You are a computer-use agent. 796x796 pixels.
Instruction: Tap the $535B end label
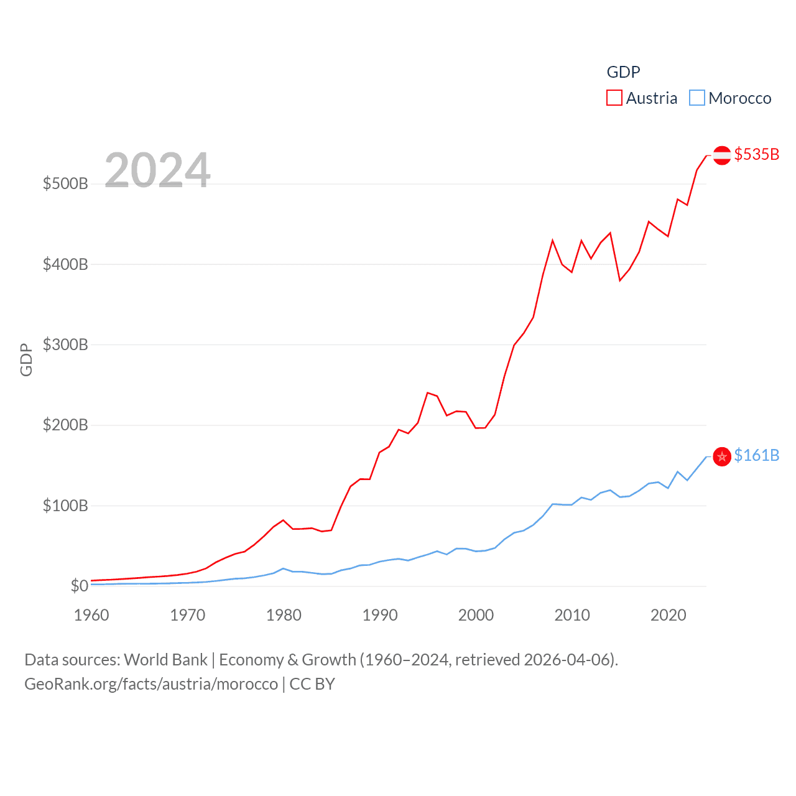coord(756,154)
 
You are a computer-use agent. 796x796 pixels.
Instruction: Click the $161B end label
coord(756,455)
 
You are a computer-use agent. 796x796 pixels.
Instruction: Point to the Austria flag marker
coord(721,155)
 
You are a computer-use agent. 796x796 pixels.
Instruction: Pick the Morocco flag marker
coord(721,456)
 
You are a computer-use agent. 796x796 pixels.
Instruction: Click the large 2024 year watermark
coord(157,170)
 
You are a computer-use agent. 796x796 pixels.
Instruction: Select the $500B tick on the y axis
coord(65,183)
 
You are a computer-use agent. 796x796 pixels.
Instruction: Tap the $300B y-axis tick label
coord(65,345)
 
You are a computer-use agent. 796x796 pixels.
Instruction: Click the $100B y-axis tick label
coord(65,506)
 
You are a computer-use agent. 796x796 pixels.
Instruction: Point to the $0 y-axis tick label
coord(79,586)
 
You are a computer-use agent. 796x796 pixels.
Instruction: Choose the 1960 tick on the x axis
coord(91,615)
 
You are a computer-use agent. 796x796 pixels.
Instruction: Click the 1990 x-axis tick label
coord(380,615)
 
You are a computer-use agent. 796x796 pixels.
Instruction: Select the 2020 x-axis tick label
coord(669,615)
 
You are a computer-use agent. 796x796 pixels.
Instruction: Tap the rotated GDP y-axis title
coord(26,359)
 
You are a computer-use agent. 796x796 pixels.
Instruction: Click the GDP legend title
coord(623,72)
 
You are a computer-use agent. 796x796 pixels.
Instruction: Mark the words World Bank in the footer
coord(165,659)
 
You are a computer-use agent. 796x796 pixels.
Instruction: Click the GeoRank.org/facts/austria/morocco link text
coord(151,684)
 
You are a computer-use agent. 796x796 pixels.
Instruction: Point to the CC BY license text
coord(312,684)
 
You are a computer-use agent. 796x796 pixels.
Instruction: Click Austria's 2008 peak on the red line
coord(553,240)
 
